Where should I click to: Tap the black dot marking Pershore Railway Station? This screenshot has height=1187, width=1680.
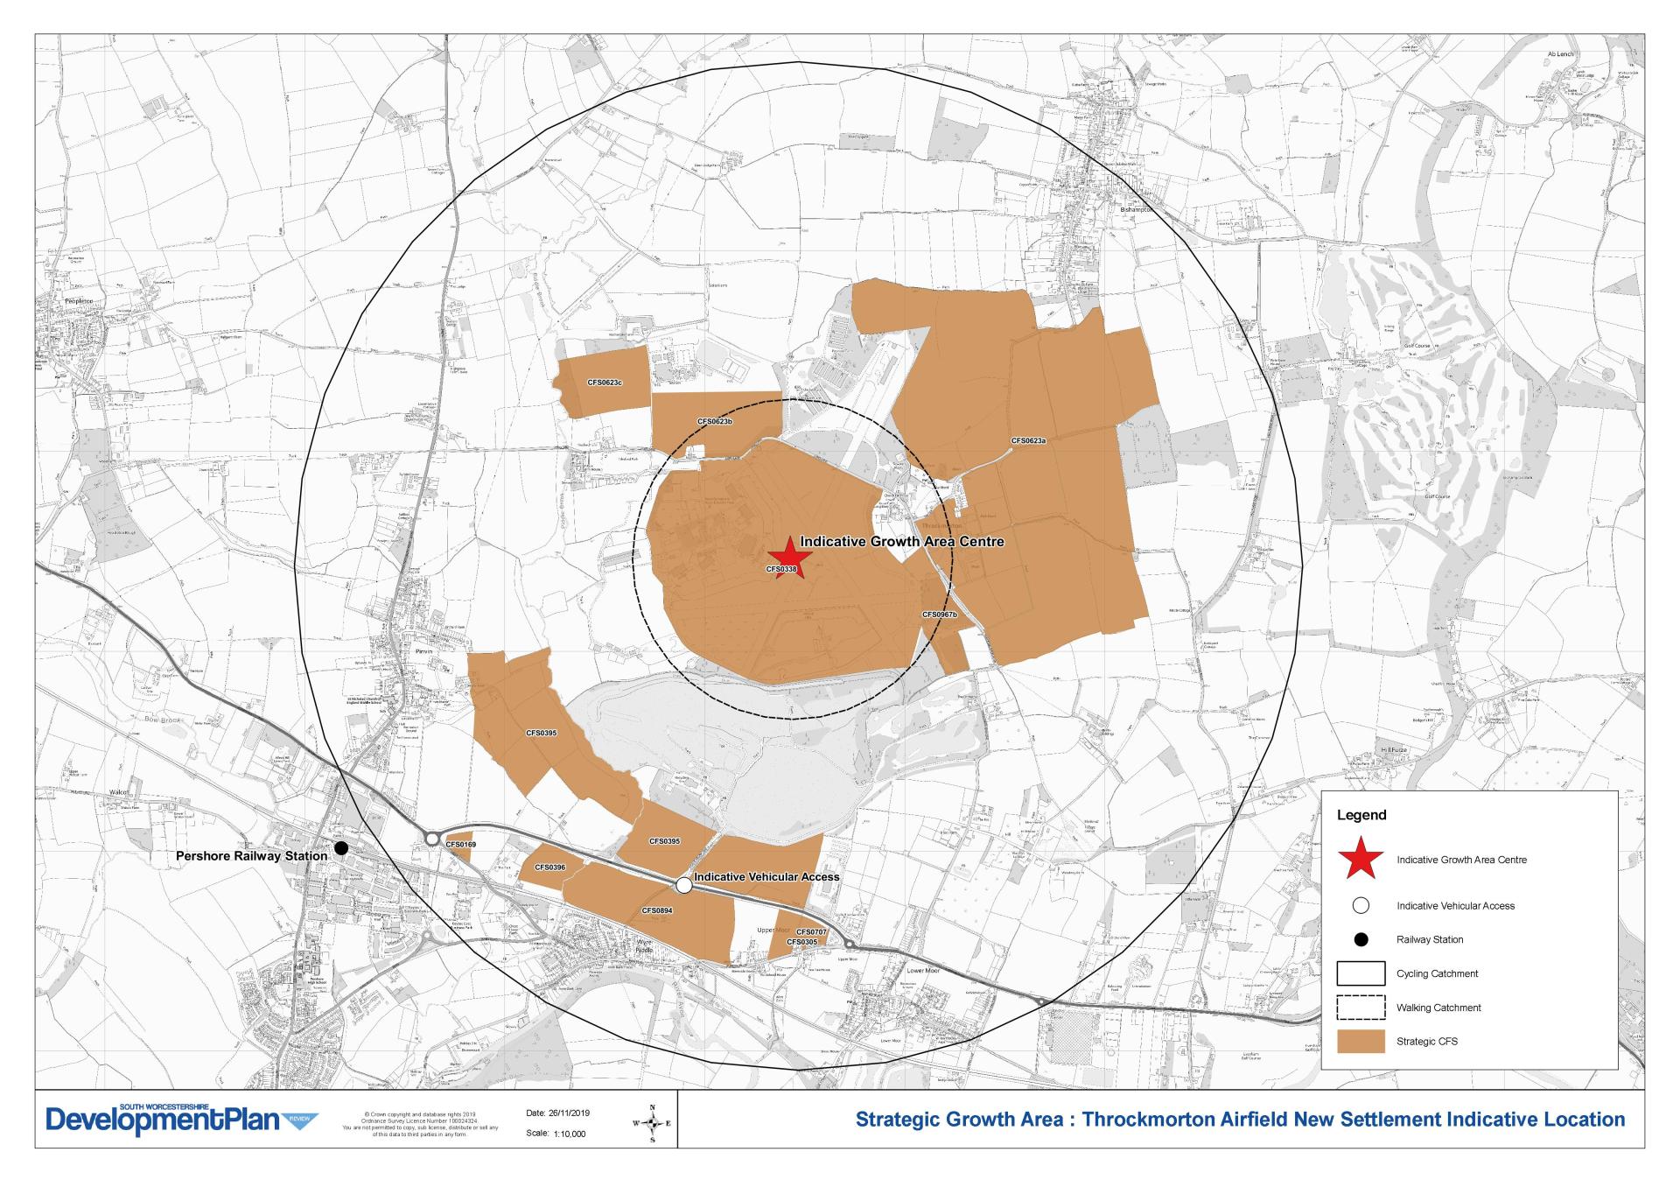coord(341,848)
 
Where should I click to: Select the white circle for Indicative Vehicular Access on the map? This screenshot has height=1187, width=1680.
coord(684,886)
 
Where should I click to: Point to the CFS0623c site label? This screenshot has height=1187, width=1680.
coord(605,383)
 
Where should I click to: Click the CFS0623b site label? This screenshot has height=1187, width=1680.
coord(715,422)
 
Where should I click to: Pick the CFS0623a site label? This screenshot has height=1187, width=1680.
coord(1028,441)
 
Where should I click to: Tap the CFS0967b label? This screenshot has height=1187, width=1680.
coord(940,615)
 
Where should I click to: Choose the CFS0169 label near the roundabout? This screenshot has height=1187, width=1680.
coord(461,845)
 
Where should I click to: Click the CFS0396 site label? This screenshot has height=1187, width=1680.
coord(549,867)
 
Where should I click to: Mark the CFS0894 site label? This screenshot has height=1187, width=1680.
coord(657,910)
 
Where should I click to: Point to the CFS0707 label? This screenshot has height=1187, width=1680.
coord(811,932)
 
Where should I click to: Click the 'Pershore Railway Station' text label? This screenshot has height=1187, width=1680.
coord(251,856)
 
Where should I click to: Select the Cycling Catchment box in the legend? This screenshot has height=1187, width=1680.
coord(1361,973)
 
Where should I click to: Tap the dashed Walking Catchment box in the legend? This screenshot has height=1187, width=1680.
coord(1361,1008)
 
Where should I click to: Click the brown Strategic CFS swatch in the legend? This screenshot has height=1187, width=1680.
coord(1361,1041)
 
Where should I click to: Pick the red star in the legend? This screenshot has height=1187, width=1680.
coord(1361,860)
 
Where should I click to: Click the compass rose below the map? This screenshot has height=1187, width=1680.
coord(652,1123)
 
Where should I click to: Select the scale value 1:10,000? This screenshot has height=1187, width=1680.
coord(569,1134)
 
